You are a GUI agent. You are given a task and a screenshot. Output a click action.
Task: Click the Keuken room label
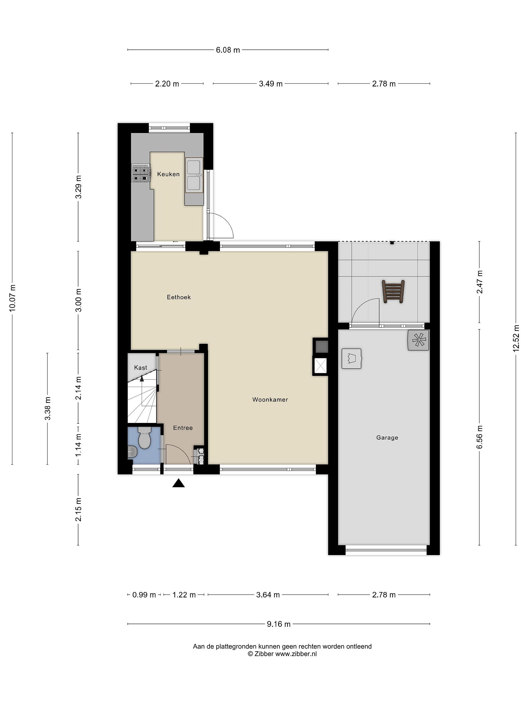[x=168, y=174]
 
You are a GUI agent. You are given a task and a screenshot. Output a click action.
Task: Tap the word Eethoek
[x=179, y=297]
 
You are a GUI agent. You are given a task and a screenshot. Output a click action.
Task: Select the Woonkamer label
[x=270, y=400]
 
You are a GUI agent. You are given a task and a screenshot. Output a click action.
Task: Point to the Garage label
[x=387, y=438]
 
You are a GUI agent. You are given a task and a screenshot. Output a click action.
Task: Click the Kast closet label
[x=141, y=368]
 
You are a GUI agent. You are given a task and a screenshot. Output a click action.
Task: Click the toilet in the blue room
[x=144, y=438]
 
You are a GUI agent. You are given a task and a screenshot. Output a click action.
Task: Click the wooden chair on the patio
[x=393, y=291]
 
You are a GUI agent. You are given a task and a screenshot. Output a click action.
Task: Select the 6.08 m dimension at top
[x=228, y=50]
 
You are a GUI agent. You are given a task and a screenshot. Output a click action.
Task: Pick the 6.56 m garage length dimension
[x=480, y=437]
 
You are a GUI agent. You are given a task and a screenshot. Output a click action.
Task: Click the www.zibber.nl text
[x=296, y=654]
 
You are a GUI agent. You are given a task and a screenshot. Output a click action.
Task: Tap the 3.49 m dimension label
[x=271, y=84]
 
